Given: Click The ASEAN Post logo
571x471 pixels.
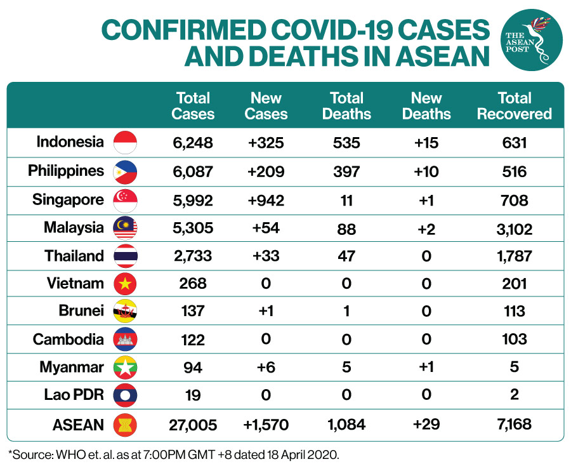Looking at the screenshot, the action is point(532,40).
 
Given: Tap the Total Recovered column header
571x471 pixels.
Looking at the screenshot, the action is point(514,106).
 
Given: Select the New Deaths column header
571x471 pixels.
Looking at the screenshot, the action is point(426,106).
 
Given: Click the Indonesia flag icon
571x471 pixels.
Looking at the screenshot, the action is point(125,142).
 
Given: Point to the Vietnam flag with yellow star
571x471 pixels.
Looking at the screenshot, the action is point(125,283).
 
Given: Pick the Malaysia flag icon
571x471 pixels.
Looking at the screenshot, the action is point(125,228).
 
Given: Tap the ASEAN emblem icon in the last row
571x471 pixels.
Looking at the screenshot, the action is point(125,425).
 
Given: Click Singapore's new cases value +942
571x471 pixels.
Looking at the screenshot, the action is point(266,201).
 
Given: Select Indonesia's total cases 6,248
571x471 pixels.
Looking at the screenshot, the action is point(193,143).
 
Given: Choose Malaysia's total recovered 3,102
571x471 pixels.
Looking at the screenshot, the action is point(514,229).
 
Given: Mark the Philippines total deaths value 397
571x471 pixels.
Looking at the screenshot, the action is point(346,171).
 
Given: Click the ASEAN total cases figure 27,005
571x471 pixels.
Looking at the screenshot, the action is point(193,425).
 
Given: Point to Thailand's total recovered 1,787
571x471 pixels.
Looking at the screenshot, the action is point(514,256).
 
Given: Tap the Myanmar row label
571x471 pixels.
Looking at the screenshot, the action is point(72,367).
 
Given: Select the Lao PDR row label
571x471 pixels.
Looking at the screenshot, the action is point(74,394).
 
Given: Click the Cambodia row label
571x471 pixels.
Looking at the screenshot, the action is point(69,339).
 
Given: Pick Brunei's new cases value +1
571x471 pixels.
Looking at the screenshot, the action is point(266,311).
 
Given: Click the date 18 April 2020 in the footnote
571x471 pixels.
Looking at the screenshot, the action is point(303,454).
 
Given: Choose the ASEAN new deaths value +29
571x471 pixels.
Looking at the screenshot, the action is point(426,424).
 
